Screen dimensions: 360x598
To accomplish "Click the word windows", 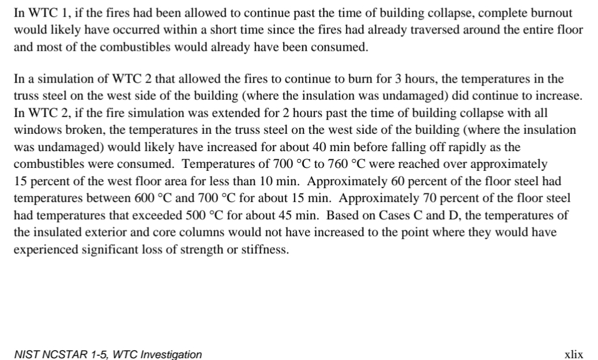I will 35,130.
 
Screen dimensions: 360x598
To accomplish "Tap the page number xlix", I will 573,354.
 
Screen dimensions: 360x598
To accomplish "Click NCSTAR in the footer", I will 61,354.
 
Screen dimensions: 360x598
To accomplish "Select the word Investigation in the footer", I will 171,354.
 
